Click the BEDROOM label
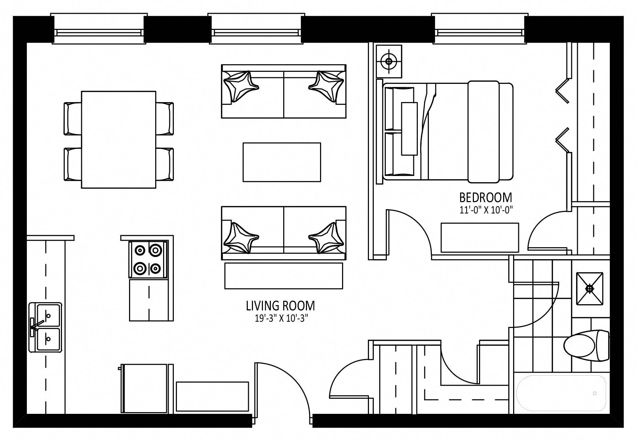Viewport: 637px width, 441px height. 486,198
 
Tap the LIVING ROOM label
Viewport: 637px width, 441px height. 280,306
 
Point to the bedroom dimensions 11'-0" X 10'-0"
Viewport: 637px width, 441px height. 486,210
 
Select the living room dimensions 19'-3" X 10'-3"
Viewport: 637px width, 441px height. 280,318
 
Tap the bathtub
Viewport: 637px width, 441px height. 561,393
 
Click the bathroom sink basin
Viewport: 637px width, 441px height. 590,289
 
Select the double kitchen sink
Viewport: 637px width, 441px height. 45,327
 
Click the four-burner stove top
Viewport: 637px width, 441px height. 148,259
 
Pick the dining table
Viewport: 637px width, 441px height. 118,140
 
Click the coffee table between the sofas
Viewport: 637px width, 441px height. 282,162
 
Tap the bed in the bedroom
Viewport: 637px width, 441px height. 447,131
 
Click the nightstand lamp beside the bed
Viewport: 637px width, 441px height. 389,62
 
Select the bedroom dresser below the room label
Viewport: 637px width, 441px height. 479,238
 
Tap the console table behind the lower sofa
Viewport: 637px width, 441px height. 283,276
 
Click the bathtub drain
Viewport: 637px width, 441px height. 595,393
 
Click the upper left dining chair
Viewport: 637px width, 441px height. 73,119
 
